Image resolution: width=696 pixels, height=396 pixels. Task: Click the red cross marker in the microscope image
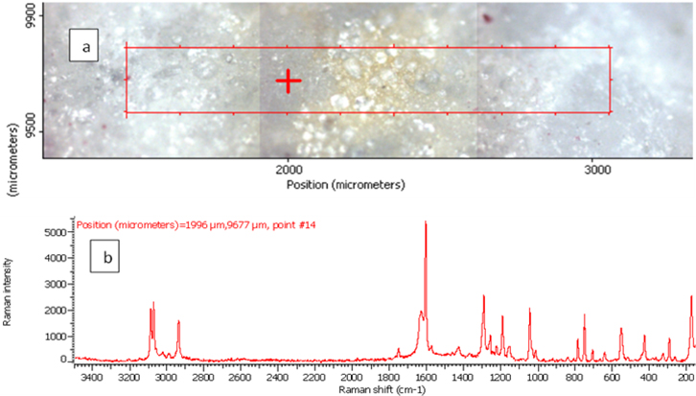click(288, 81)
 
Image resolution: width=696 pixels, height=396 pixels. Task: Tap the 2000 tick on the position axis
click(287, 170)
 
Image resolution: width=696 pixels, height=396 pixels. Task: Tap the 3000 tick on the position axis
click(596, 170)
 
